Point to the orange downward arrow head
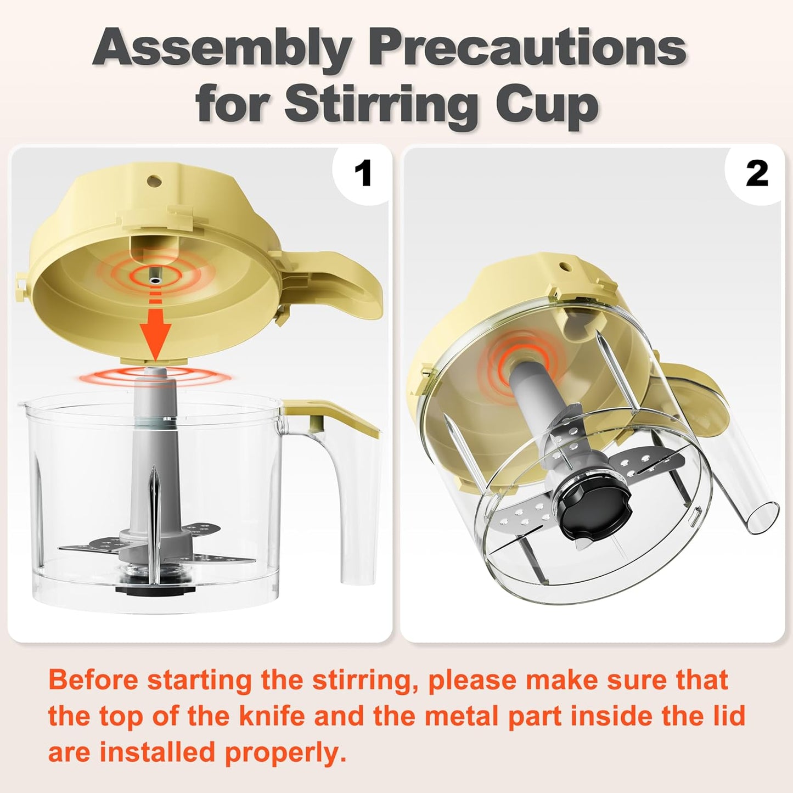155,339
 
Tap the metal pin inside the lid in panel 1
155,280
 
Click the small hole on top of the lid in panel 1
155,180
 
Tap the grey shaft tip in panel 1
156,372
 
